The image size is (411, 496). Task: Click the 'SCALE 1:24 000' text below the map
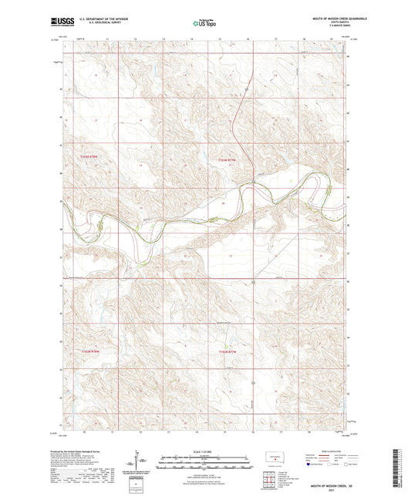(x=204, y=451)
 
